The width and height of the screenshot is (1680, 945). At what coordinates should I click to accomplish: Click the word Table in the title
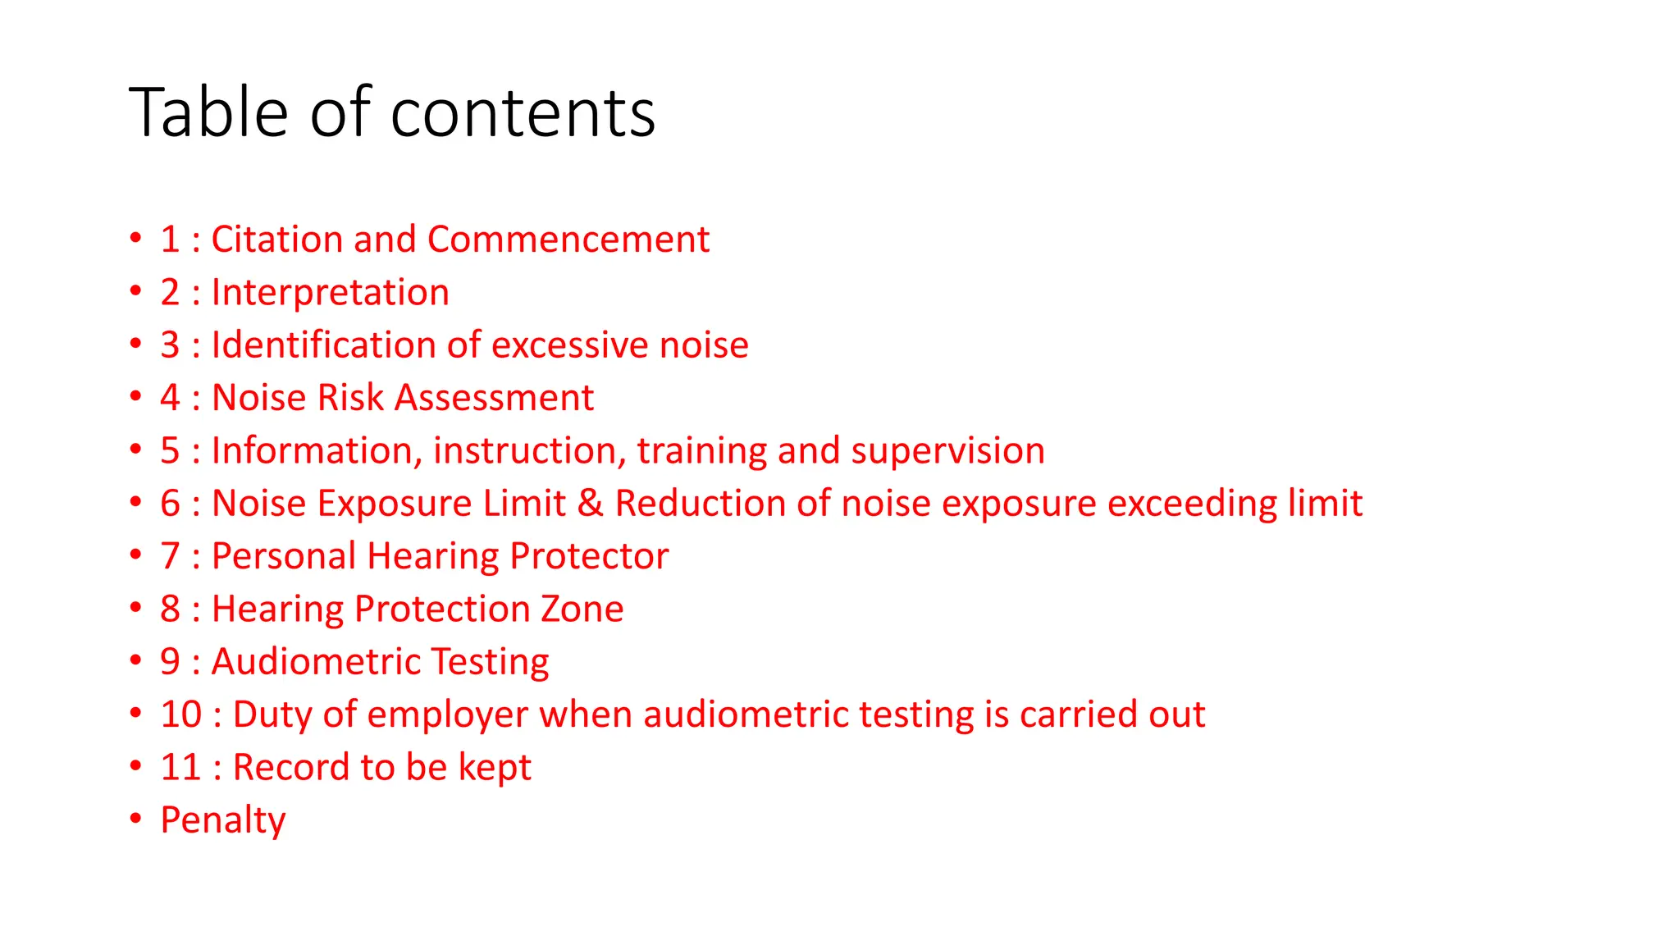(x=208, y=112)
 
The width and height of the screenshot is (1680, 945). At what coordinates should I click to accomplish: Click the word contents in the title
(x=523, y=112)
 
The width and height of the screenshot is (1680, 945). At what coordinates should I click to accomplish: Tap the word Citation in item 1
(x=276, y=240)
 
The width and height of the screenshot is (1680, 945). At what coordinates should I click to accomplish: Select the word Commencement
(x=568, y=240)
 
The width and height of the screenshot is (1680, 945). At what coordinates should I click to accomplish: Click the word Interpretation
(x=330, y=293)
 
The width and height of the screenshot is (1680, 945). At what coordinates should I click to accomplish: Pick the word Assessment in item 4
(x=494, y=398)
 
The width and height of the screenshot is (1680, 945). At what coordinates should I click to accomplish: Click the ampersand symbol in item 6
(x=591, y=504)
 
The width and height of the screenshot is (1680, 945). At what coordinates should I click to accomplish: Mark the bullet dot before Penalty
(x=136, y=818)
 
